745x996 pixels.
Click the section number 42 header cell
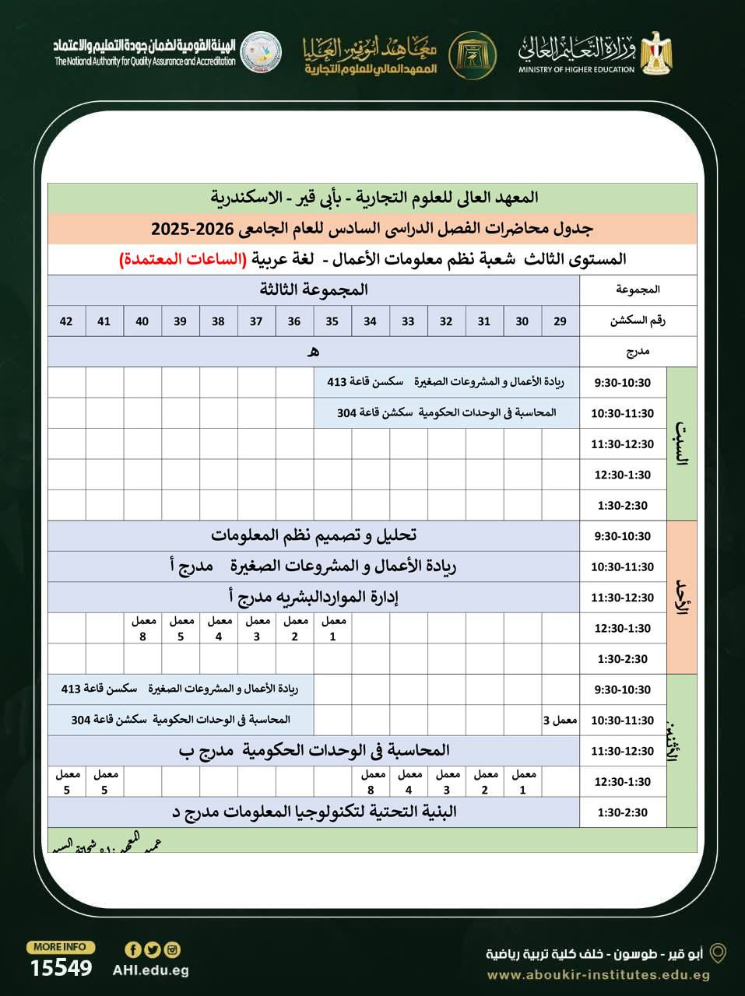[66, 321]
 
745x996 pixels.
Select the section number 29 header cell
[560, 321]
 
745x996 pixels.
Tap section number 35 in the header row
[332, 321]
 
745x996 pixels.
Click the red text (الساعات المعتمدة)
[182, 259]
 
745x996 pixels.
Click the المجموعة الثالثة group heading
[314, 290]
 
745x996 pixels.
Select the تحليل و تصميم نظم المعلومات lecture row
[314, 535]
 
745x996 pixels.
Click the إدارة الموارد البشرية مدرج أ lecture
[314, 597]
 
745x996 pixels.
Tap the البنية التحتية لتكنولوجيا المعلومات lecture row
[314, 812]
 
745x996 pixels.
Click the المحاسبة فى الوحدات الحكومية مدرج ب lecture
[314, 750]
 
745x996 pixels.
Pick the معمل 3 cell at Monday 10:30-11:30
[561, 720]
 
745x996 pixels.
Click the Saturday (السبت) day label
[682, 444]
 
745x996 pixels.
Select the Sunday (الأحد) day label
[682, 597]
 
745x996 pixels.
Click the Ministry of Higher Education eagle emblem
[657, 53]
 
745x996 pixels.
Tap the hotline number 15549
[61, 968]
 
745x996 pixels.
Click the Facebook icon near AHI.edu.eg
[132, 949]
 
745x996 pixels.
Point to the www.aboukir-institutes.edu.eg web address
[598, 975]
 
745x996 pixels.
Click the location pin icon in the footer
[718, 953]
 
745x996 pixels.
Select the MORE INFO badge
[61, 947]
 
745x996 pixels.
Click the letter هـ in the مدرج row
[313, 352]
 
